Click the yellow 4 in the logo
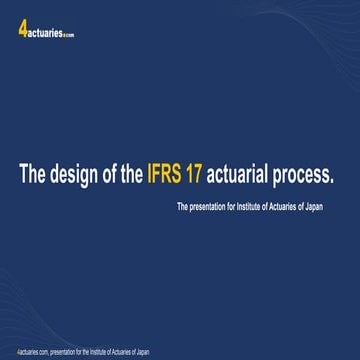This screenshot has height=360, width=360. (22, 29)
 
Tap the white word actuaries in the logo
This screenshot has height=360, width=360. (44, 31)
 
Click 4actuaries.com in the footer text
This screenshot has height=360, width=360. (32, 352)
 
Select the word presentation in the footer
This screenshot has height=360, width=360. (63, 352)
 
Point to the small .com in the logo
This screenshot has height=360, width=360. (69, 34)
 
